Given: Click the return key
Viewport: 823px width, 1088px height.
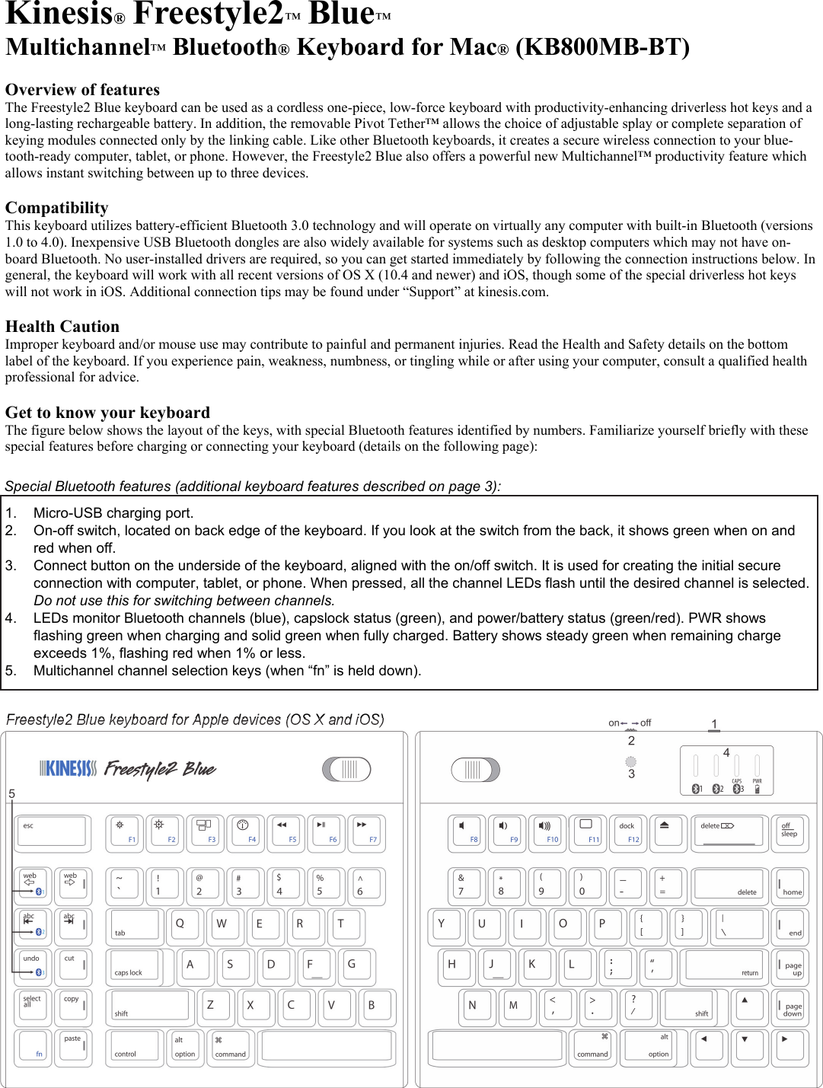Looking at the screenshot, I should (724, 965).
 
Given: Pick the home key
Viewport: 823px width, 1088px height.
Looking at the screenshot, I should (790, 885).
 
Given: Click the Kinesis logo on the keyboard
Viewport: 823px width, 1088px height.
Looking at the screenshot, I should (69, 768).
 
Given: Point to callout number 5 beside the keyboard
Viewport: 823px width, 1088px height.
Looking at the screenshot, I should (11, 794).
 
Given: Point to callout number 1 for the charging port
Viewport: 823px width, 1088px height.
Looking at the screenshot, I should (714, 724).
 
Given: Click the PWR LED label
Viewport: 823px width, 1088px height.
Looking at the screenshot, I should (757, 781).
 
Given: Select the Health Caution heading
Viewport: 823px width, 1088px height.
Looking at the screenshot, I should (62, 327).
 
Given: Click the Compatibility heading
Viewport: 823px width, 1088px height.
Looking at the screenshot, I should (57, 208).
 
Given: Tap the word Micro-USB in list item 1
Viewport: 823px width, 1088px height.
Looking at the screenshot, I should (67, 513).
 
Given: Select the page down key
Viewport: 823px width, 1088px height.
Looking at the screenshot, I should (790, 1007).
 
